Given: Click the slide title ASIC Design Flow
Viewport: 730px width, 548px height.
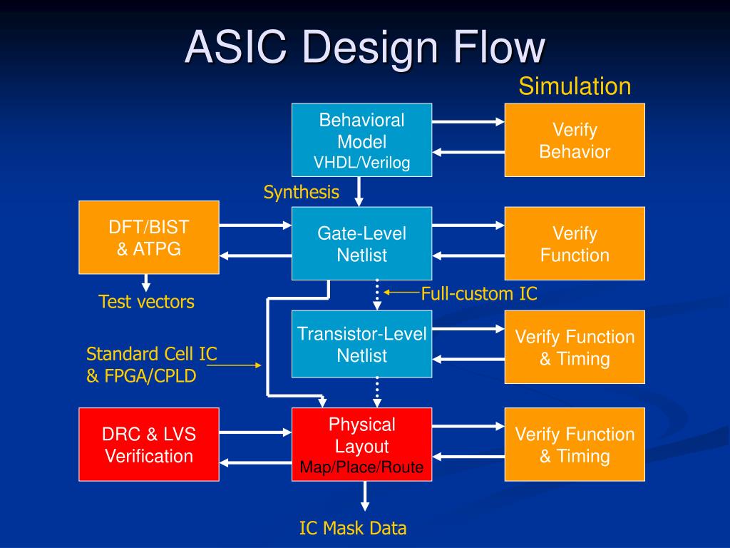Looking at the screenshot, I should [365, 49].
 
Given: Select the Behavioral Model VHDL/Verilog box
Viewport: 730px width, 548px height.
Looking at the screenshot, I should [361, 141].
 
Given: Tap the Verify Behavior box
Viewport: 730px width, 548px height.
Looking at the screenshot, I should [575, 141].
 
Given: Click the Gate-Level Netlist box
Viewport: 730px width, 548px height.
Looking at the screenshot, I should [361, 243].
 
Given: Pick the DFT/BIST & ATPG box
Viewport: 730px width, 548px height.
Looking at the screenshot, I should [148, 238].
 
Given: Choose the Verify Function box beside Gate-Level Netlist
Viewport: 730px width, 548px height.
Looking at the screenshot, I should [575, 243].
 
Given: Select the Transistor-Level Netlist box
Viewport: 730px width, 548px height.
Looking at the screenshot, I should [361, 344].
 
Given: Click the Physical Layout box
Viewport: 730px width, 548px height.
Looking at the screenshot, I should [361, 445].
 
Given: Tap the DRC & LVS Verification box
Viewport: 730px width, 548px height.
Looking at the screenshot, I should [148, 445].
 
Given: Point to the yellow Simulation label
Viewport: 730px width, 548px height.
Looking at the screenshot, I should [574, 86].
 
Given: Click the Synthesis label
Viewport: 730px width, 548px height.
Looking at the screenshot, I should [301, 192].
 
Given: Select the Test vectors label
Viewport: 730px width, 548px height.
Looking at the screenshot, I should [146, 302].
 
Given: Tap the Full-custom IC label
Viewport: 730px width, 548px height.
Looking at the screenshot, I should [478, 293].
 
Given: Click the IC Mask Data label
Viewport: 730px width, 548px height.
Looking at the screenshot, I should [352, 528].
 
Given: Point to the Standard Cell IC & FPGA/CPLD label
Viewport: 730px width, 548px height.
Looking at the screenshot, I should [151, 365].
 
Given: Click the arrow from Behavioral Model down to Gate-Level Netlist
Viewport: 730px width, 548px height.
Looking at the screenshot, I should [359, 191].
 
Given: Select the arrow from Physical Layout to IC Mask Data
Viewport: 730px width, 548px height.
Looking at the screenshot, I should [365, 496].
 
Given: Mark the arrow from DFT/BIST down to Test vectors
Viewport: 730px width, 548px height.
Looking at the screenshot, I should [146, 283].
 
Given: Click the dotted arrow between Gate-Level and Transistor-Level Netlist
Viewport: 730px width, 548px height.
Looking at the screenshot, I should [377, 294].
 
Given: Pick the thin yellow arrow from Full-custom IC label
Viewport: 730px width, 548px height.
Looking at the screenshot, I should [402, 291].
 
